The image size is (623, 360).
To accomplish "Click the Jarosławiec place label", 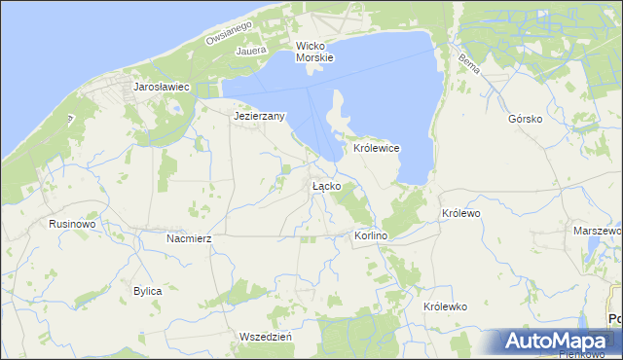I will (x=161, y=88).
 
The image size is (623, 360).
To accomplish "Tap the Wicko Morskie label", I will (x=314, y=52).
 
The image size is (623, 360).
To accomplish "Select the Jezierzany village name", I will (x=259, y=117).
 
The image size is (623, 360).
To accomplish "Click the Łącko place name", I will (x=325, y=185).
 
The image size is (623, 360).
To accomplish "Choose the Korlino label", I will (x=370, y=236).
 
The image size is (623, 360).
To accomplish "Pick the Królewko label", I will (x=446, y=306).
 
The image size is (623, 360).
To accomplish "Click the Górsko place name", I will (x=525, y=120).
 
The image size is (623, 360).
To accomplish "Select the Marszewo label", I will (x=598, y=232).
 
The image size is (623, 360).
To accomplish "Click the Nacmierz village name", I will (x=189, y=237).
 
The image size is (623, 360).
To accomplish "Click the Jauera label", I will (x=250, y=45).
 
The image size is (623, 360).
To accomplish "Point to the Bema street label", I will (x=468, y=65).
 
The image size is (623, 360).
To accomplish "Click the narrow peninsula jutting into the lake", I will (x=339, y=112).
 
